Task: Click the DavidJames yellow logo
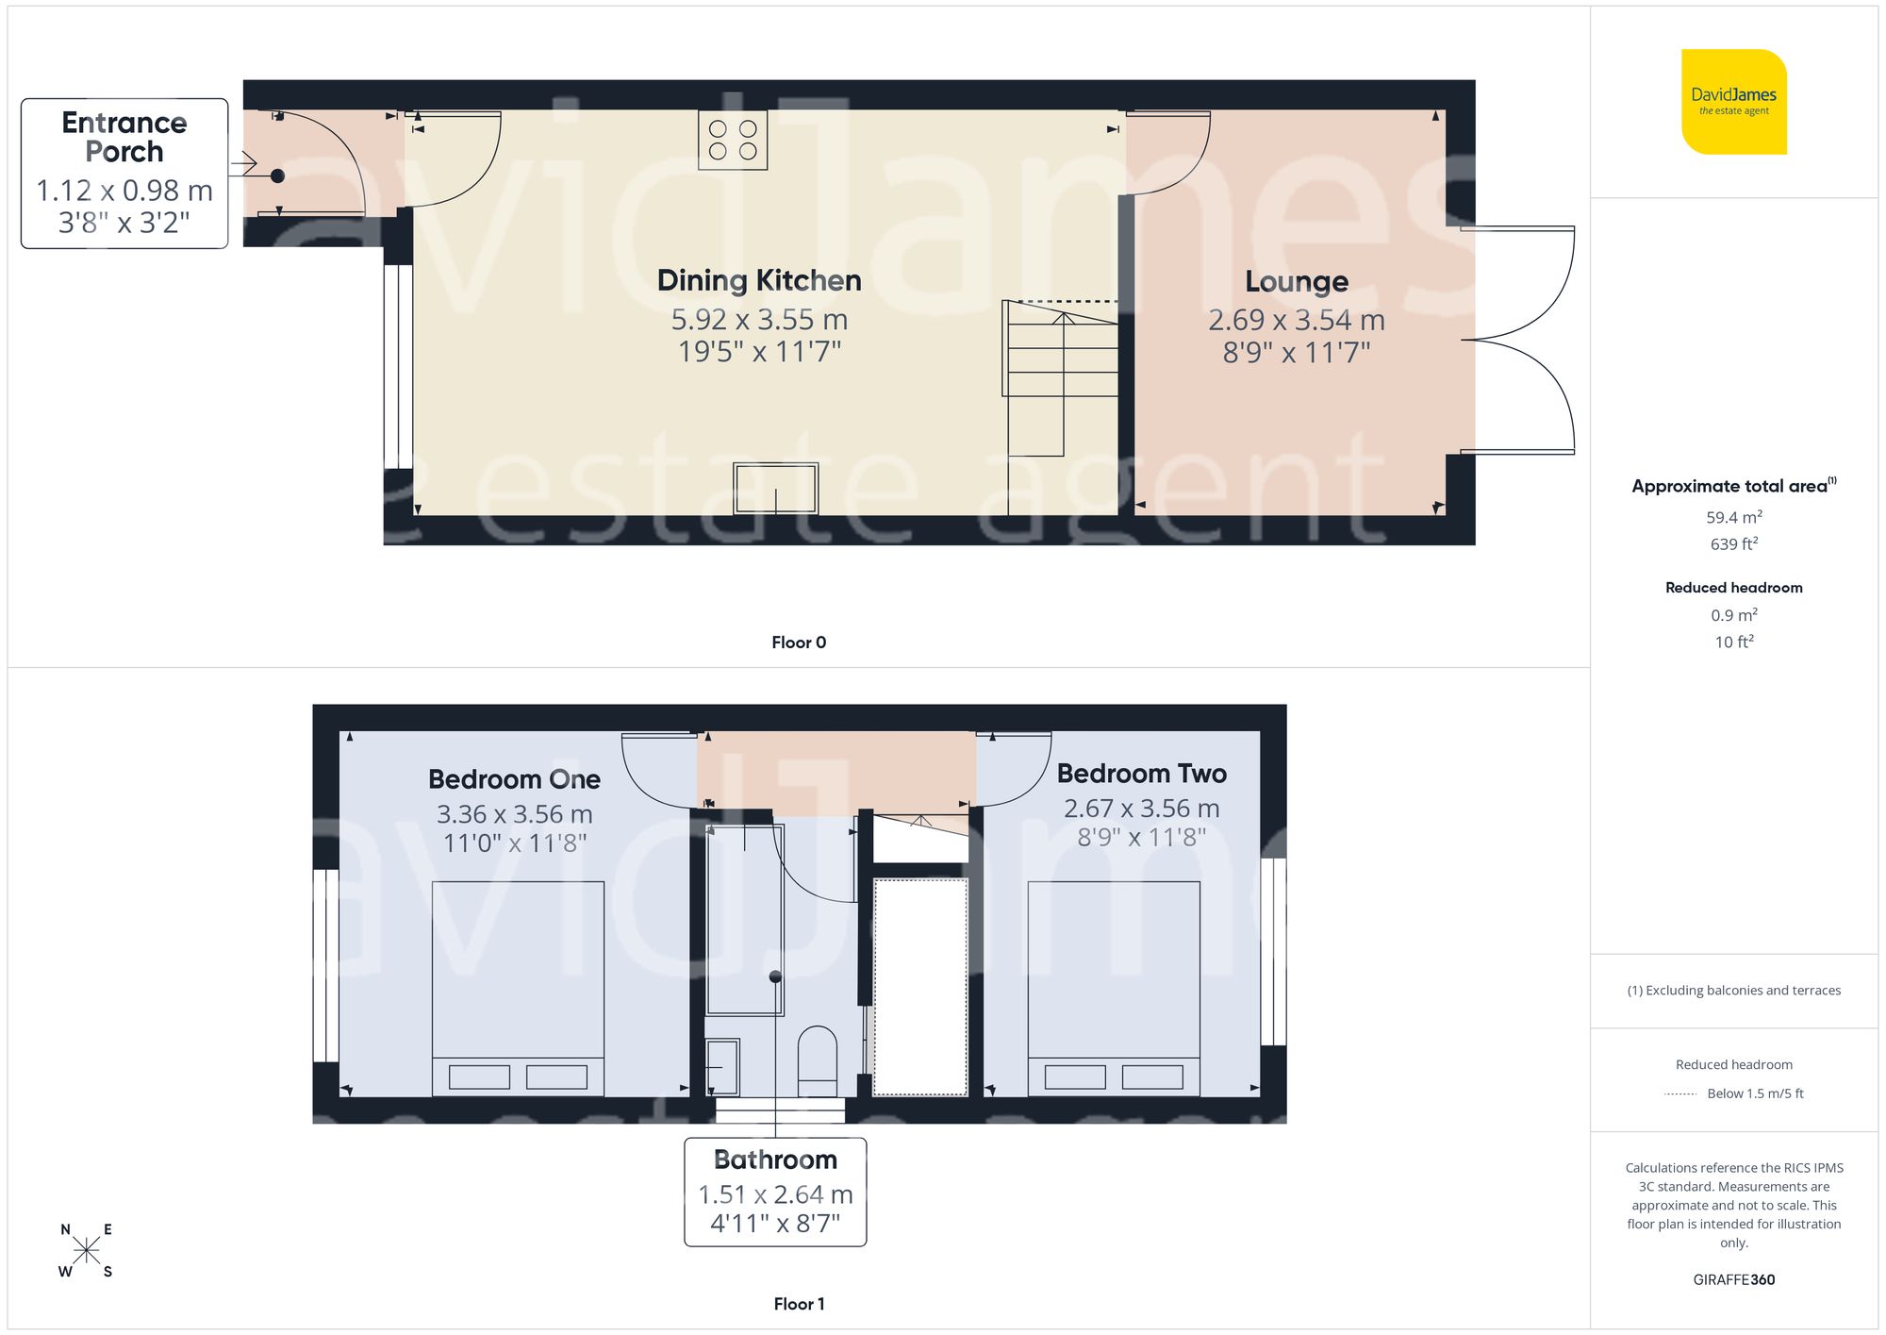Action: [x=1733, y=102]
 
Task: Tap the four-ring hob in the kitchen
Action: [x=733, y=140]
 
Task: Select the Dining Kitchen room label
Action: [x=759, y=280]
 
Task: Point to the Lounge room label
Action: [x=1296, y=281]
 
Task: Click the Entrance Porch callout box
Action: [x=124, y=174]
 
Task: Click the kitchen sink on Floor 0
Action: [x=775, y=489]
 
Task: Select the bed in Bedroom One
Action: [x=518, y=988]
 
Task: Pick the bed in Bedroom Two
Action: [x=1114, y=988]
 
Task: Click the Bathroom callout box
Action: [x=775, y=1192]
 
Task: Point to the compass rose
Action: [x=86, y=1251]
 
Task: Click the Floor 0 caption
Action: [x=799, y=642]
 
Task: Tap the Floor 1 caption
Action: [x=799, y=1304]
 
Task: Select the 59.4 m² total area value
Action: [x=1733, y=517]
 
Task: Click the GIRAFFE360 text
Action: [x=1733, y=1279]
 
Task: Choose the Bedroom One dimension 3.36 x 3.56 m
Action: [x=514, y=814]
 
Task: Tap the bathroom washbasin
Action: [x=722, y=1067]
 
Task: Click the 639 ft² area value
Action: [x=1733, y=544]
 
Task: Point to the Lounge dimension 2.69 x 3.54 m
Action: [x=1296, y=321]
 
